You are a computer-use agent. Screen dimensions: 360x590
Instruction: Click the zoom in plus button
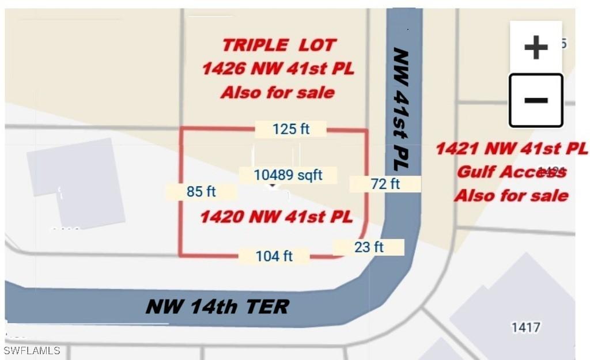pos(535,47)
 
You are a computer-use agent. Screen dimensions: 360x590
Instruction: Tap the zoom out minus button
pos(535,100)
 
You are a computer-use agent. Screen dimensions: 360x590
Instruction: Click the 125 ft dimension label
pos(291,129)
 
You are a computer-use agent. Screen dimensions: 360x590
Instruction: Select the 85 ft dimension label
pos(201,192)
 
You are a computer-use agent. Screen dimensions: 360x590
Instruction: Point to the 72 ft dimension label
pos(385,184)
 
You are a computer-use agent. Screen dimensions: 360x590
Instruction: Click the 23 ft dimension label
pos(369,247)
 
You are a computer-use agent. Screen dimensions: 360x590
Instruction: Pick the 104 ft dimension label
pos(274,256)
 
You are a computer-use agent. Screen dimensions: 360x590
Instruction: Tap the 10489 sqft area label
pos(288,175)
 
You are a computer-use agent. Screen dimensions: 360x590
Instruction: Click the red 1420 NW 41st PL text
pos(276,217)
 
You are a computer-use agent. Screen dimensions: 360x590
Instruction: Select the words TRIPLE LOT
pos(279,45)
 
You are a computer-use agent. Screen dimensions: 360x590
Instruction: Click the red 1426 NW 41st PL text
pos(278,69)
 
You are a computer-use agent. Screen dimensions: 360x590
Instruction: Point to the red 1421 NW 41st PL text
pos(511,149)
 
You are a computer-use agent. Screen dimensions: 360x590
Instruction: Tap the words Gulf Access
pos(511,172)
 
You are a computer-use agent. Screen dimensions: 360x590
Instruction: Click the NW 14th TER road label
pos(217,306)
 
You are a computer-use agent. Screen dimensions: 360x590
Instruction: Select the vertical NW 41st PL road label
pos(400,109)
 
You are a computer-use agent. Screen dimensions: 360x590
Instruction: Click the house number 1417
pos(525,328)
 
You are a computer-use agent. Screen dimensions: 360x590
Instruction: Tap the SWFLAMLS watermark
pos(32,350)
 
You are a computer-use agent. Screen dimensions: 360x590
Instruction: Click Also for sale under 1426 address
pos(278,93)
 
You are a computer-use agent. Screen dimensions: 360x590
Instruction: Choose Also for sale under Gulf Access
pos(511,195)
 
